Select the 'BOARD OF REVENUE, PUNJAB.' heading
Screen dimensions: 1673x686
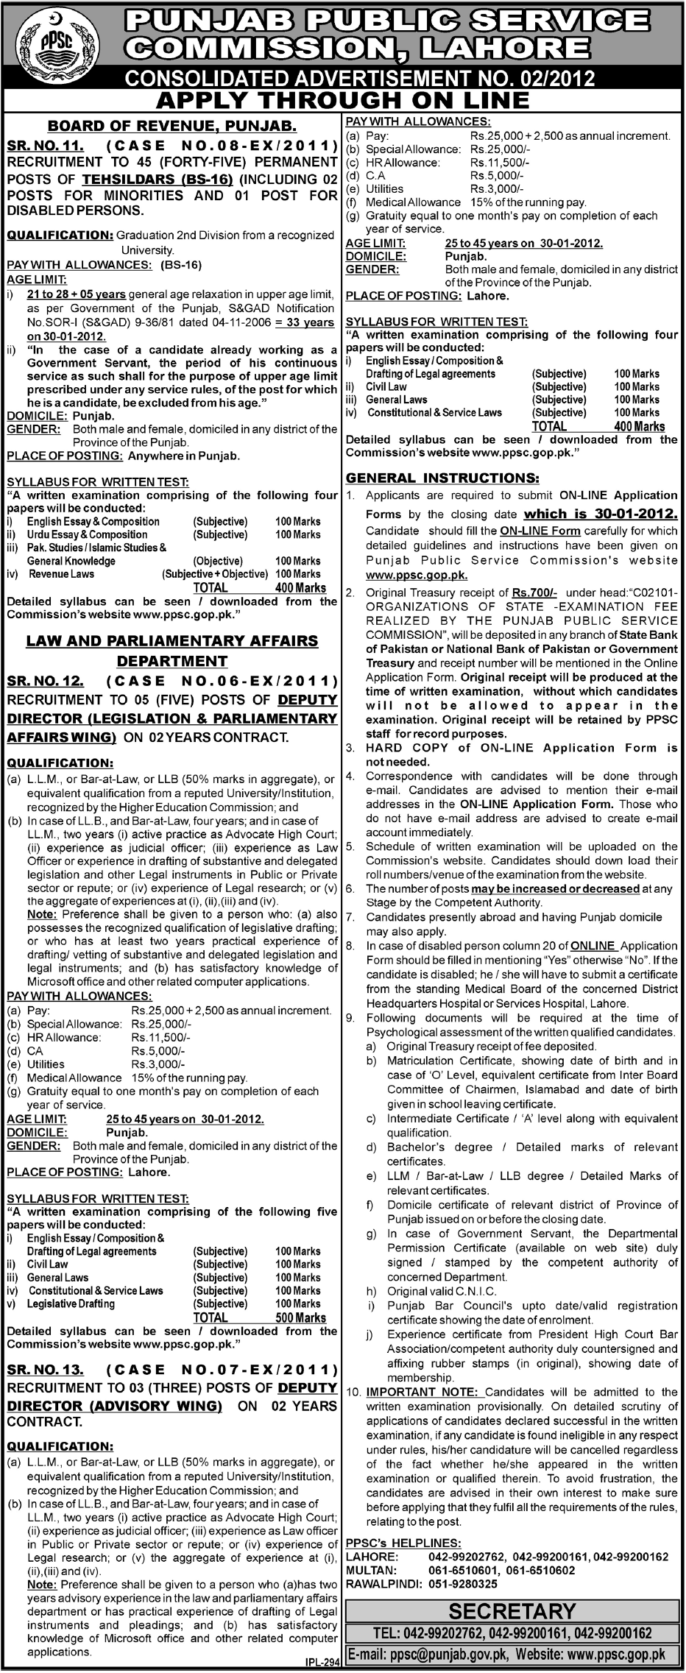click(x=172, y=126)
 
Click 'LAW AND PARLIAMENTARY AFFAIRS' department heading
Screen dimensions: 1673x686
click(x=172, y=641)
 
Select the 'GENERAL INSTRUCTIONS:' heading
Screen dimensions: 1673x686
click(x=442, y=477)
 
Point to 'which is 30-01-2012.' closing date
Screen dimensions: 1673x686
click(x=600, y=514)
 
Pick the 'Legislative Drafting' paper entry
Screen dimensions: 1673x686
click(x=71, y=1304)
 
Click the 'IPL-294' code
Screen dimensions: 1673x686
click(x=321, y=1662)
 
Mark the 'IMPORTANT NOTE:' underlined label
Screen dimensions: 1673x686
click(x=424, y=1392)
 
